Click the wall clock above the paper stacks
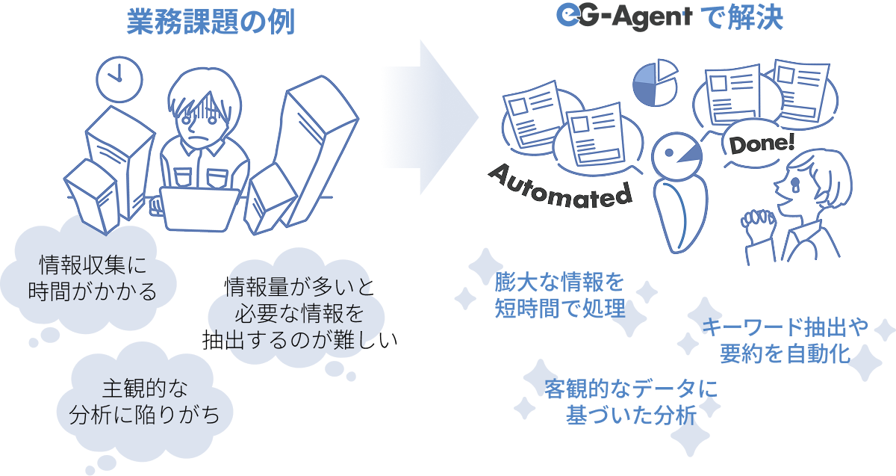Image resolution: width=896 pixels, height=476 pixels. click(119, 79)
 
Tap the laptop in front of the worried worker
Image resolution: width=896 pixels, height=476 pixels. click(200, 209)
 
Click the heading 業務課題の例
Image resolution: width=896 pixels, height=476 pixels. click(211, 22)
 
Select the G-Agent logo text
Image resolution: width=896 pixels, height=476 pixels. click(624, 17)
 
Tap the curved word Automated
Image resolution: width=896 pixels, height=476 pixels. click(560, 188)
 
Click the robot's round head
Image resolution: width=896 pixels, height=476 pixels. click(676, 156)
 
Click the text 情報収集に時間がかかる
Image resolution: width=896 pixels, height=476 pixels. click(92, 278)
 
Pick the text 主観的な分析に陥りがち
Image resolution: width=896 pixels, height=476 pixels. click(144, 401)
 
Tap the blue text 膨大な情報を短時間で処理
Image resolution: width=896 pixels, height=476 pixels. click(560, 295)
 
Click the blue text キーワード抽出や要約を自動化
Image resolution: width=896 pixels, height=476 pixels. click(785, 340)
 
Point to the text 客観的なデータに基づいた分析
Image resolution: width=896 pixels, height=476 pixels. click(631, 401)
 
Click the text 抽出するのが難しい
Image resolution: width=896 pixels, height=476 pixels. click(299, 340)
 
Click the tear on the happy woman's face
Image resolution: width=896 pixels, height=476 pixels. click(794, 183)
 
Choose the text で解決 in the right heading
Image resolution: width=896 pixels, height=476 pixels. click(742, 18)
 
